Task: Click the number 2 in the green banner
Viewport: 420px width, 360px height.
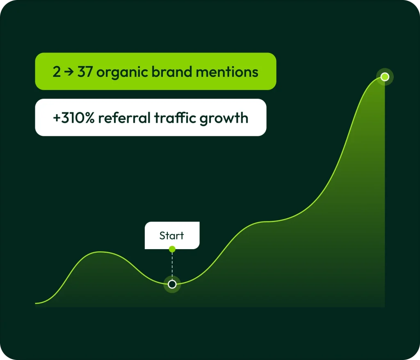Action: (x=57, y=72)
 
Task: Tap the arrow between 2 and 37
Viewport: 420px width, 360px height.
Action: (x=69, y=72)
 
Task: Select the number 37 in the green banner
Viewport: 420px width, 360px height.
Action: (x=85, y=72)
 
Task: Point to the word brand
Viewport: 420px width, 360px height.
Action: (x=172, y=71)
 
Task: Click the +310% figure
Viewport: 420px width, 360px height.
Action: (x=74, y=118)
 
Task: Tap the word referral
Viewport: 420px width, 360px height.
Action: (x=124, y=118)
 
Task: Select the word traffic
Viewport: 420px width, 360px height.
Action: (x=175, y=118)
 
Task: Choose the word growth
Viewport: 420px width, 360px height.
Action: (x=224, y=119)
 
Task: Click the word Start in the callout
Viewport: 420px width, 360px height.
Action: (x=171, y=236)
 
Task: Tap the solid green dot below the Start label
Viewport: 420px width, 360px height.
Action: (x=172, y=249)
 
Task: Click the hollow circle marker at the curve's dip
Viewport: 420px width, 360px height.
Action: (x=172, y=284)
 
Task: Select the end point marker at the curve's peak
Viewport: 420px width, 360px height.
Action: (x=385, y=77)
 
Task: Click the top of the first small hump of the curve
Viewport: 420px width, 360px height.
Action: (x=100, y=252)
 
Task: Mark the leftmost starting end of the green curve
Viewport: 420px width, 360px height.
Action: (x=36, y=303)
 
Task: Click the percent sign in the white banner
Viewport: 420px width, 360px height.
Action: (x=89, y=118)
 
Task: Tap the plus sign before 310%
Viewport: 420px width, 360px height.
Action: (x=57, y=118)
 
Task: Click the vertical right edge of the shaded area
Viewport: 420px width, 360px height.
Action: (x=385, y=192)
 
